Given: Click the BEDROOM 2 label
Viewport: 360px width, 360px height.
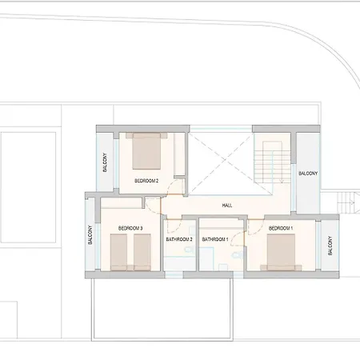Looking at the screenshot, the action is coord(146,181).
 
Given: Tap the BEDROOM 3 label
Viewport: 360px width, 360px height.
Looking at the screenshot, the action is coord(130,228).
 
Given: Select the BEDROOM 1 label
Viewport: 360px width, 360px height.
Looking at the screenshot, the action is coord(281,228).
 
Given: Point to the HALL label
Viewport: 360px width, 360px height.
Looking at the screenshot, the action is coord(227,206).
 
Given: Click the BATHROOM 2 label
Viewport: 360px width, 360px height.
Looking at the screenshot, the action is coord(179,239).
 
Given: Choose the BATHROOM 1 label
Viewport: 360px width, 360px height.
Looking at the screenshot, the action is coord(215,239).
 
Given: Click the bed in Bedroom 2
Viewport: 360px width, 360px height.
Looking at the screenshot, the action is coord(146,151).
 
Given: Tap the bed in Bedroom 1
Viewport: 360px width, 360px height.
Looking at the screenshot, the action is coord(281,252).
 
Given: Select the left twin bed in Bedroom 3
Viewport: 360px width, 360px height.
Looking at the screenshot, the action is coord(118,252).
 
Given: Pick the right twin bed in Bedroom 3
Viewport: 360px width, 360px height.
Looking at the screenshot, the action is coord(142,252).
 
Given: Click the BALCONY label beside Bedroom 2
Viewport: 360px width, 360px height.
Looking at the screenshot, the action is coord(105,162).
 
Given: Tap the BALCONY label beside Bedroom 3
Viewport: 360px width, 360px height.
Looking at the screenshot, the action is coord(90,235).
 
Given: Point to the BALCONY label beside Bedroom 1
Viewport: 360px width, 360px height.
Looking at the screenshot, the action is coord(330,246).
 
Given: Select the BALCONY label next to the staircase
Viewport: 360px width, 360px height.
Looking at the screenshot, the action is coord(308,174).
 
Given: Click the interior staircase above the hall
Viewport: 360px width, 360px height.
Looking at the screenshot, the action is coord(272,162).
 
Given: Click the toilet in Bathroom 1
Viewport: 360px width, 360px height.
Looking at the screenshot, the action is coord(237,255).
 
